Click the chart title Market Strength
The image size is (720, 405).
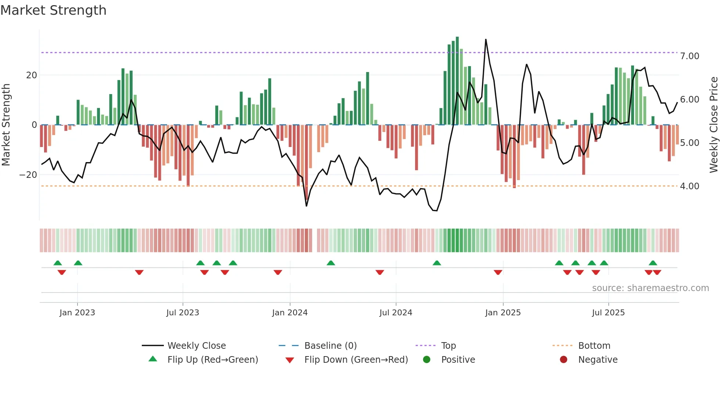pos(53,10)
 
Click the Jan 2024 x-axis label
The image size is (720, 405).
pos(289,313)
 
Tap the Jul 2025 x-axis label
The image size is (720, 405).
pos(608,313)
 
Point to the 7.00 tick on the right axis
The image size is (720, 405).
pos(690,56)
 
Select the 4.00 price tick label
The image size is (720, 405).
pos(690,186)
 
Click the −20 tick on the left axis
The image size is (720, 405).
pos(28,175)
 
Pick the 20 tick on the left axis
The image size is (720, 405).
pos(32,75)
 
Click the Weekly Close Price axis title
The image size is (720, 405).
pos(713,125)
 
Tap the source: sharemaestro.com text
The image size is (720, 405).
pos(650,288)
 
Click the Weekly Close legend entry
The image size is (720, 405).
pos(196,346)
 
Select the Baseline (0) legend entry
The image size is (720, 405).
pos(330,346)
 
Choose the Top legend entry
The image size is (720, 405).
pos(448,346)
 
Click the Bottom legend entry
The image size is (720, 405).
pos(594,346)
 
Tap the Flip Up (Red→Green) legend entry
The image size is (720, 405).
pos(212,360)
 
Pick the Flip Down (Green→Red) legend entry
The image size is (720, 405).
pos(356,360)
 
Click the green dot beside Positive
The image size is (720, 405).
pos(426,360)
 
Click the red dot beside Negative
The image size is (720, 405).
pos(563,360)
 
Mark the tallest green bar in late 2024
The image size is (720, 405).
pos(457,81)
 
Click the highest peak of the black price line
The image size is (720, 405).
pos(486,40)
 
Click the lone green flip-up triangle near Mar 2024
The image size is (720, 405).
pos(331,263)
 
